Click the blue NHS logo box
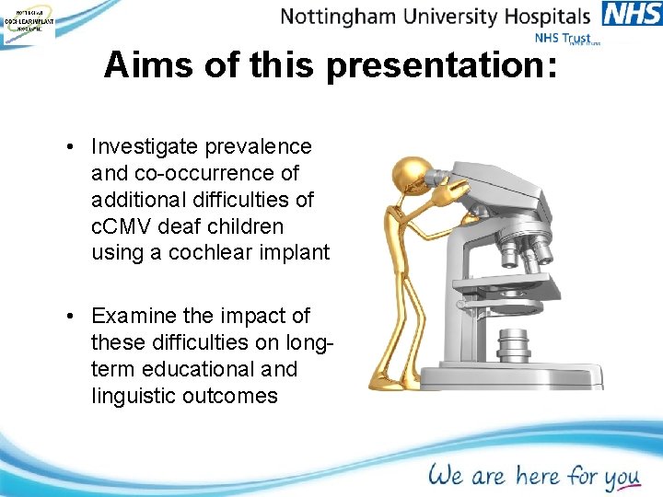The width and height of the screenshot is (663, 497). [x=632, y=14]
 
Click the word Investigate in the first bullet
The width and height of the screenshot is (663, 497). [x=144, y=146]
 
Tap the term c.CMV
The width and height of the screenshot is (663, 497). [x=126, y=225]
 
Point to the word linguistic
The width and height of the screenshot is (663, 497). [x=135, y=396]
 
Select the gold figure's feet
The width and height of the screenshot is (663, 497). [x=387, y=379]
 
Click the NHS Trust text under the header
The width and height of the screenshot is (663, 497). [x=563, y=39]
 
